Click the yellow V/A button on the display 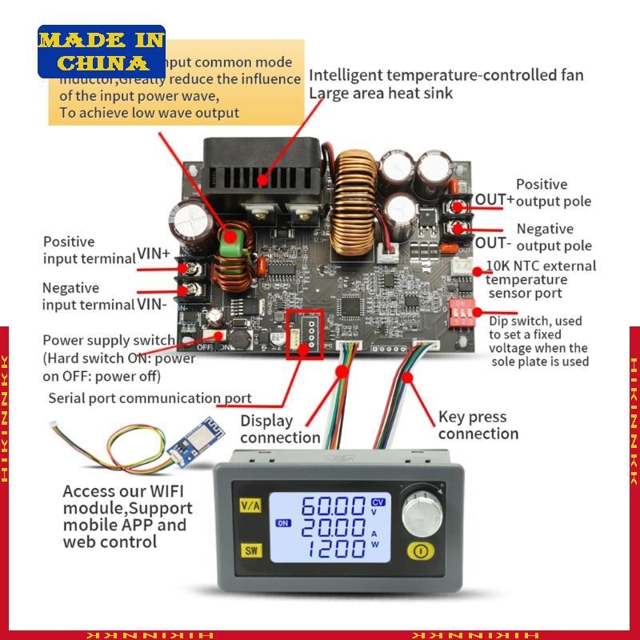point(249,505)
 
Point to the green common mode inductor point(234,239)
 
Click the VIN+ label point(154,254)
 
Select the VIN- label point(152,303)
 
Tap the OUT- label point(493,242)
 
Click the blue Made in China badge point(101,51)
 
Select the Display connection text point(279,429)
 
